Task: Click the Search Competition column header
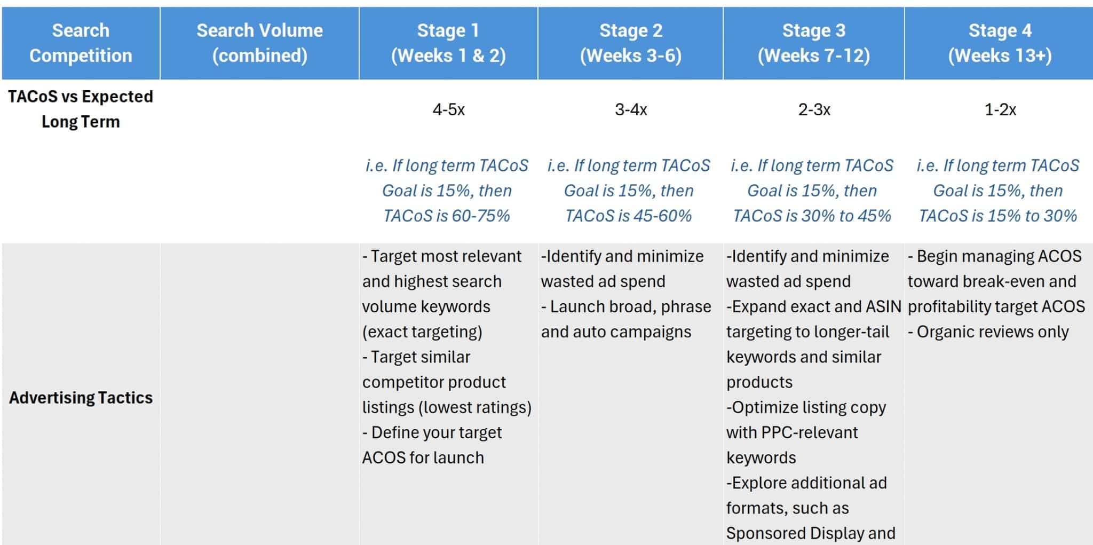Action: (x=81, y=43)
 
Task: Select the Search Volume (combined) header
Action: (x=259, y=43)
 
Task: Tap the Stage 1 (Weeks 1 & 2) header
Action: (x=448, y=43)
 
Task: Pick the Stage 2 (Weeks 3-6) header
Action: (x=631, y=43)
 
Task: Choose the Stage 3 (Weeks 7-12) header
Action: (x=814, y=43)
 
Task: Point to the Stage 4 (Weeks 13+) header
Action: (x=1000, y=43)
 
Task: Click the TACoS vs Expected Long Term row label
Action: (x=81, y=109)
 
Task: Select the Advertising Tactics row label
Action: (x=81, y=398)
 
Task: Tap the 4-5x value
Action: (x=448, y=110)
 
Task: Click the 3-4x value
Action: (x=631, y=110)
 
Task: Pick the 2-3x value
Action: (x=814, y=110)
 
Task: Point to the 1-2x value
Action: (x=1000, y=110)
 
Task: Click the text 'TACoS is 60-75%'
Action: (x=447, y=216)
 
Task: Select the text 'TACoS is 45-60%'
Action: (x=629, y=216)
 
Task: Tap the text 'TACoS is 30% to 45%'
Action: (x=812, y=216)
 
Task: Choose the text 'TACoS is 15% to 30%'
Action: (x=997, y=216)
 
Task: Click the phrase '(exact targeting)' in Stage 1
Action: (x=422, y=332)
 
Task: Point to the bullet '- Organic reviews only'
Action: (x=988, y=332)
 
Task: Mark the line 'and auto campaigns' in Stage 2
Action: (x=616, y=332)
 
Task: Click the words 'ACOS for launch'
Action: (x=423, y=457)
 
